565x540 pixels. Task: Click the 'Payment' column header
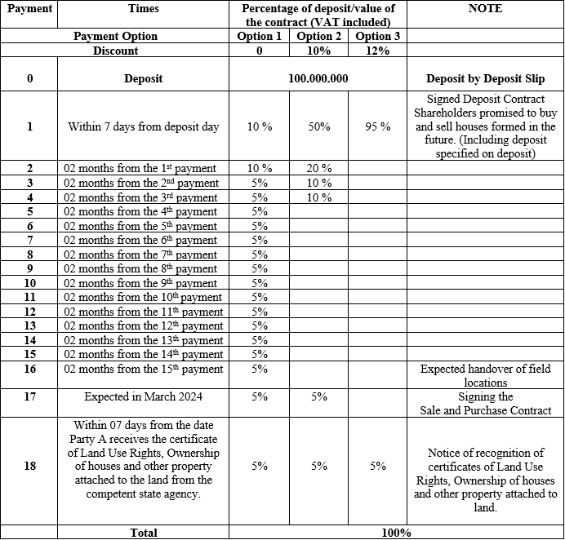[29, 9]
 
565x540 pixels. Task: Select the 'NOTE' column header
[485, 9]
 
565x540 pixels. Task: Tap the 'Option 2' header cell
[319, 37]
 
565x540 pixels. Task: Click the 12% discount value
[377, 51]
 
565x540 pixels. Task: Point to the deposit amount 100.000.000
[318, 79]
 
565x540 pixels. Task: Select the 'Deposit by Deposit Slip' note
[485, 79]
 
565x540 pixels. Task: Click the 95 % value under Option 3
[378, 126]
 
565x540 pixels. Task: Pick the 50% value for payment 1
[319, 126]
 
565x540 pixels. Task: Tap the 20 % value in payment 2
[319, 168]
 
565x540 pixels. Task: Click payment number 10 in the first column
[29, 283]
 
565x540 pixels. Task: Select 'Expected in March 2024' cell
[144, 396]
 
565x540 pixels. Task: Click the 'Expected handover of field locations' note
[485, 375]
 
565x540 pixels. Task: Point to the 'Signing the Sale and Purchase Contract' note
[485, 404]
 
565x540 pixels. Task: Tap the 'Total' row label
[144, 533]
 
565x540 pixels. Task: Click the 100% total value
[396, 533]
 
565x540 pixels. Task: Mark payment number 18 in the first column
[29, 466]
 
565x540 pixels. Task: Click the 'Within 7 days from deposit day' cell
[144, 126]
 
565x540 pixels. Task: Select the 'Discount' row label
[116, 51]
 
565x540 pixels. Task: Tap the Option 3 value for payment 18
[378, 466]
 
